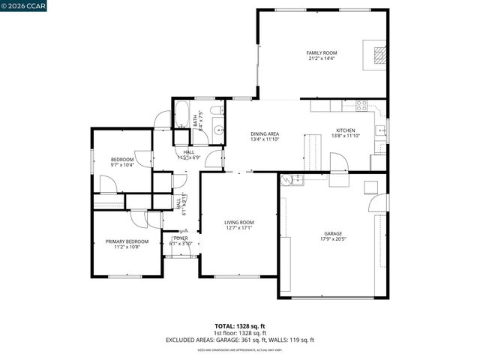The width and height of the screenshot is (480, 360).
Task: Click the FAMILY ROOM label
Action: click(x=321, y=53)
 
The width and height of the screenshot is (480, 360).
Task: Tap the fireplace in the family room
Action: click(x=379, y=55)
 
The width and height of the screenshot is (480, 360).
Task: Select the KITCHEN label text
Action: click(x=346, y=130)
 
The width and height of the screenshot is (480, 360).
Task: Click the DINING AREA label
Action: click(x=265, y=133)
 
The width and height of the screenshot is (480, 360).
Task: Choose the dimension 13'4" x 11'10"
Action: click(x=265, y=139)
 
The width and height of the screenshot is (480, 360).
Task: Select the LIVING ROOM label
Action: click(x=239, y=223)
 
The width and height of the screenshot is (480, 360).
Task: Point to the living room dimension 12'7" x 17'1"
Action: click(x=239, y=229)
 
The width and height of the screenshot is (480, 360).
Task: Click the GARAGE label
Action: click(x=333, y=234)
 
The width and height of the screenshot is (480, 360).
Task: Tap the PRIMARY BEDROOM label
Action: click(x=127, y=241)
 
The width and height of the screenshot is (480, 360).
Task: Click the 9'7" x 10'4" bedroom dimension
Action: click(x=122, y=165)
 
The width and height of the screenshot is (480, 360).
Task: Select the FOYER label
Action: click(x=181, y=238)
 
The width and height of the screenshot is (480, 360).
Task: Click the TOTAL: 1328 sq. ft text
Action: click(x=239, y=325)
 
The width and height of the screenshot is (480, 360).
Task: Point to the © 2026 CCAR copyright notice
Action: click(x=24, y=5)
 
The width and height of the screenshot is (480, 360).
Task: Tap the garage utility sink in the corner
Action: click(x=294, y=179)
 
